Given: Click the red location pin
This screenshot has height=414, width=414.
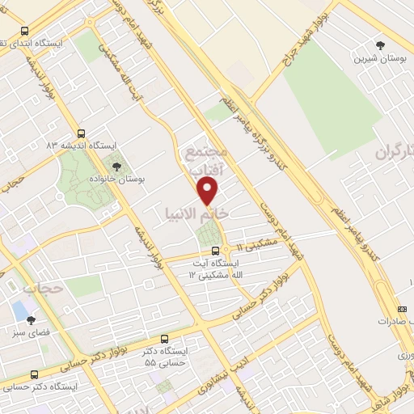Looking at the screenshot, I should tap(209, 191).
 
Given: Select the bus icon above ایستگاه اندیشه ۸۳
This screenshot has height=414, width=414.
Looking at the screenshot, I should tap(80, 133).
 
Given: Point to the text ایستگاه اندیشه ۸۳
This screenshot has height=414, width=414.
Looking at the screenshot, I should tap(82, 146).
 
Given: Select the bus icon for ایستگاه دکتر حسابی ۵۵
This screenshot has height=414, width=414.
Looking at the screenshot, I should tap(165, 339).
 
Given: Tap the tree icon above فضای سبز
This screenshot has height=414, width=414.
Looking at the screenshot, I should tap(32, 321).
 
